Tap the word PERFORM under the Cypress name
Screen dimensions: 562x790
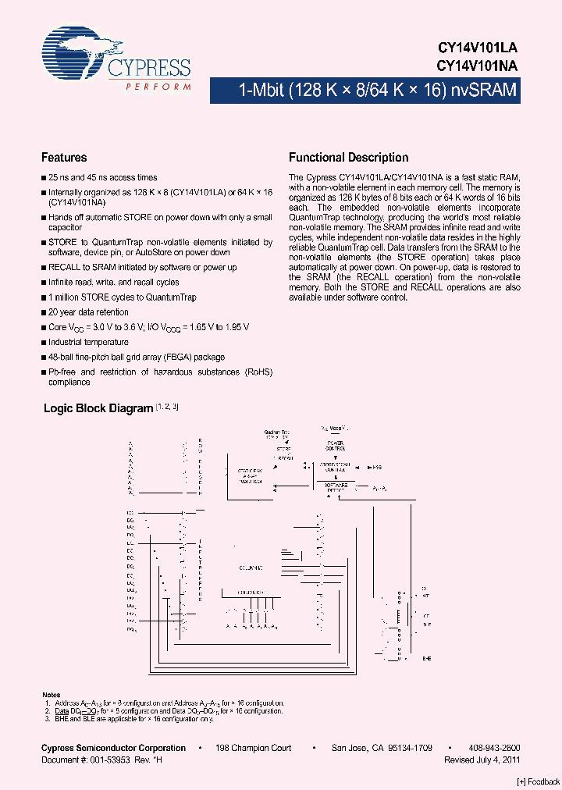pyautogui.click(x=158, y=87)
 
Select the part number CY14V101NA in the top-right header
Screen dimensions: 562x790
pyautogui.click(x=477, y=66)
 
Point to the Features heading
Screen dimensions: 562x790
pyautogui.click(x=64, y=157)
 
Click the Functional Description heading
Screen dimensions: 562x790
pyautogui.click(x=348, y=157)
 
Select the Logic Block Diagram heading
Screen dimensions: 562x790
pyautogui.click(x=98, y=408)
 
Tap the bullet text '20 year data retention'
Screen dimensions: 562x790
pyautogui.click(x=89, y=312)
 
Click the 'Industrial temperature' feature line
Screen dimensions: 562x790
pyautogui.click(x=88, y=342)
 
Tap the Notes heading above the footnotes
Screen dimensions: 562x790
pyautogui.click(x=51, y=695)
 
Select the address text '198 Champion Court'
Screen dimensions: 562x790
pyautogui.click(x=254, y=748)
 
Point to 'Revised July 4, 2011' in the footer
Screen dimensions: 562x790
pyautogui.click(x=482, y=760)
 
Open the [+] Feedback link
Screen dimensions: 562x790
pyautogui.click(x=539, y=781)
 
